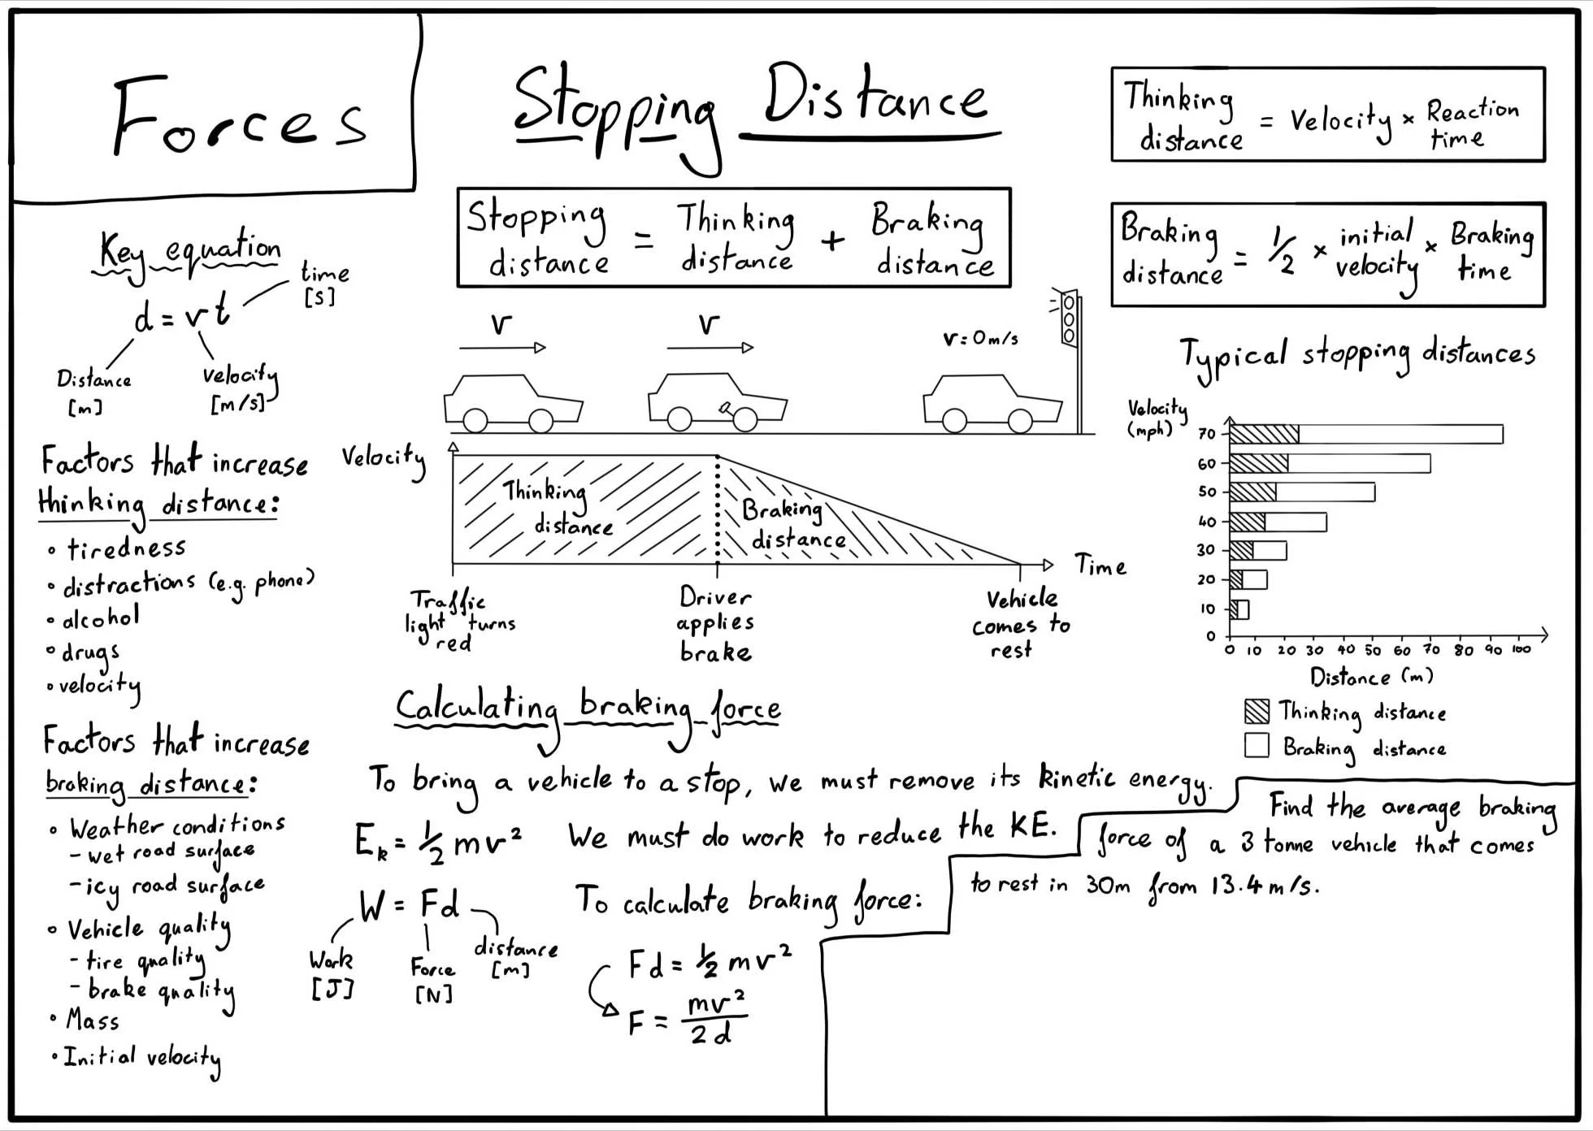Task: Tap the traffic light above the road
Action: (1069, 318)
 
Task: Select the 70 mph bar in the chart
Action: (1365, 434)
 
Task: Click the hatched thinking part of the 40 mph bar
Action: (1247, 522)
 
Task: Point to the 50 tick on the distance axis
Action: (1373, 650)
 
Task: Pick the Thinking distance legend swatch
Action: (1257, 711)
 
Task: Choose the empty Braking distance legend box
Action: (1257, 745)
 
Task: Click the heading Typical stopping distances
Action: (1357, 356)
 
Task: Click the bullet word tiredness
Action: (126, 549)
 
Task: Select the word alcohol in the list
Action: (101, 618)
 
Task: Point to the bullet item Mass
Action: (93, 1020)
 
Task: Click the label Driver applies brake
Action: (715, 624)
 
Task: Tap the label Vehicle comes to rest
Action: (1021, 624)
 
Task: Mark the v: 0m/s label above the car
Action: (980, 338)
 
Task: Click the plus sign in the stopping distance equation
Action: (832, 240)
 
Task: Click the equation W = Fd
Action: (409, 905)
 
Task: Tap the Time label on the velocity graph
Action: (1100, 565)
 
